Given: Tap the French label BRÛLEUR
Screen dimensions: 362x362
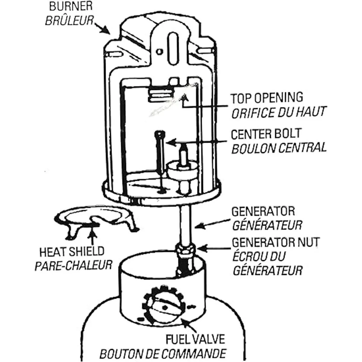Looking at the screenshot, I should coord(68,21).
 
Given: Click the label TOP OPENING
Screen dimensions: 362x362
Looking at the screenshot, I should coord(267,98).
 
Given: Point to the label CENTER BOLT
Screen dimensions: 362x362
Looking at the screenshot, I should coord(266,134).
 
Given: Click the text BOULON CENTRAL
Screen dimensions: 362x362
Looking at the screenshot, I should coord(279,148).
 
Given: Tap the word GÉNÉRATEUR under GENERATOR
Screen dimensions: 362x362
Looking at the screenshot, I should coord(267,225).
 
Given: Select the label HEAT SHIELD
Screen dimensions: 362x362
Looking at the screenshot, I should coord(72,251).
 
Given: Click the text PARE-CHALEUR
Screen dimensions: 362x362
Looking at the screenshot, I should coord(73,265).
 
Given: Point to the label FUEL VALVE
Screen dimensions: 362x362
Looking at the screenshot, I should coord(195,339).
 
